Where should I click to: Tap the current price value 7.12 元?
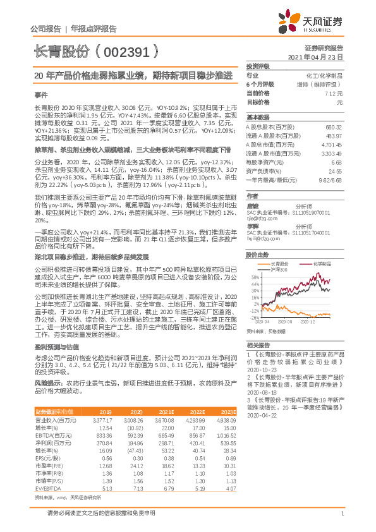pos(334,93)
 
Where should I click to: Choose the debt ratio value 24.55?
pos(335,171)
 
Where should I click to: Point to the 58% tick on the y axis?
pos(255,277)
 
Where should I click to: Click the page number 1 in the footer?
pos(341,519)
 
